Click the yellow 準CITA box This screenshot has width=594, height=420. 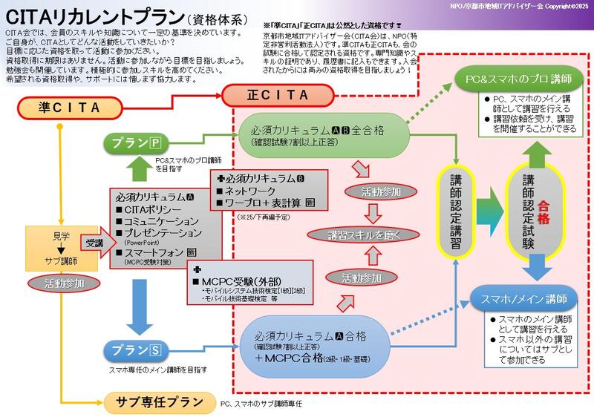pyautogui.click(x=68, y=108)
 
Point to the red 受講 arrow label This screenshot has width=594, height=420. pyautogui.click(x=94, y=242)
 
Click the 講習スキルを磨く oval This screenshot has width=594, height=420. pyautogui.click(x=370, y=234)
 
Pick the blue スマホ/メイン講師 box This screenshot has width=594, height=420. pyautogui.click(x=524, y=299)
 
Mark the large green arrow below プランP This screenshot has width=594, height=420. pyautogui.click(x=140, y=171)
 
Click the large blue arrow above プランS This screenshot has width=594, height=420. pyautogui.click(x=140, y=310)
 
